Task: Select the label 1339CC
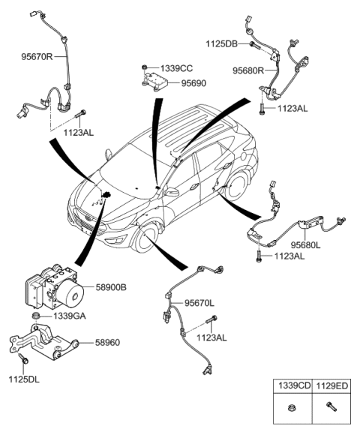[175, 67]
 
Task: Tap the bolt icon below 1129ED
[331, 410]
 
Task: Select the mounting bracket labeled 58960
[45, 344]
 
